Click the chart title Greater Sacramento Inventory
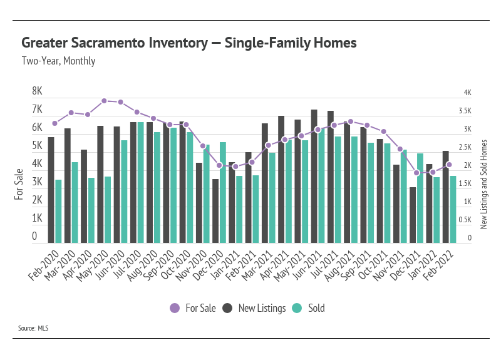coord(189,43)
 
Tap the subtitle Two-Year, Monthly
coord(58,61)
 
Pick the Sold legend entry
coord(310,308)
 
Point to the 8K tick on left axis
coord(38,91)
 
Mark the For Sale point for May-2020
coord(104,101)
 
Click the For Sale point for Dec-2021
coord(416,173)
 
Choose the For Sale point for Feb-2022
coord(449,165)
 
